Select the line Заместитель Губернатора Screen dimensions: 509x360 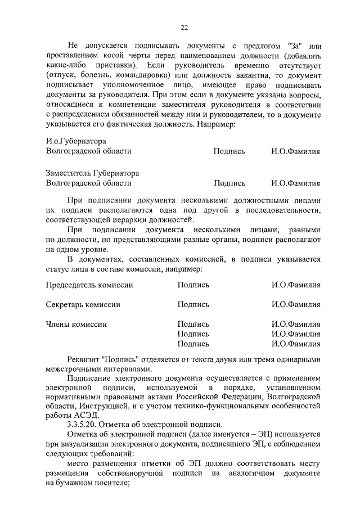click(92, 173)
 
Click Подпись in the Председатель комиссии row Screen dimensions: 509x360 click(193, 285)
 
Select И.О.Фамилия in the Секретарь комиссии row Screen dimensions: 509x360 click(295, 304)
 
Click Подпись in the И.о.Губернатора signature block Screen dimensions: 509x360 click(229, 151)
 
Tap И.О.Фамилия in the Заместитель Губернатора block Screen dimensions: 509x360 click(295, 183)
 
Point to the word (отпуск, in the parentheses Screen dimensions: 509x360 click(61, 75)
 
